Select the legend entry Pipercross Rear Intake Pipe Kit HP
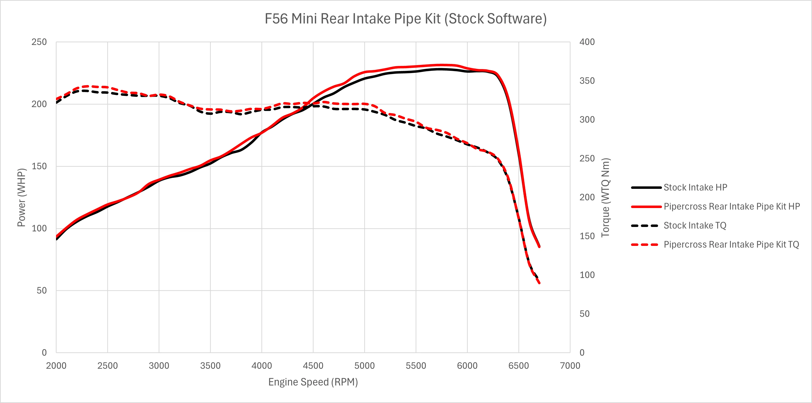(x=731, y=206)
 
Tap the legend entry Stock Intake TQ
(x=694, y=226)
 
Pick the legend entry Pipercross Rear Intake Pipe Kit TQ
(x=731, y=244)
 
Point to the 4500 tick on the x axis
(x=313, y=366)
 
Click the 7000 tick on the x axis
(x=570, y=366)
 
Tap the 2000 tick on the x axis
(x=56, y=366)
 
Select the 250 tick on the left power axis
(x=39, y=42)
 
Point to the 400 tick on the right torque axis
(x=587, y=42)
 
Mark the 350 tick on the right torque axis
(x=587, y=81)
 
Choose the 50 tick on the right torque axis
(x=585, y=314)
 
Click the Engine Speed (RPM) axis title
(x=313, y=382)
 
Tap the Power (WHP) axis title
(x=21, y=197)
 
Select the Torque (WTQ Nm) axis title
(x=605, y=197)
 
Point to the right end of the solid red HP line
(x=539, y=247)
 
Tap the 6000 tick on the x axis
(x=467, y=366)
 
